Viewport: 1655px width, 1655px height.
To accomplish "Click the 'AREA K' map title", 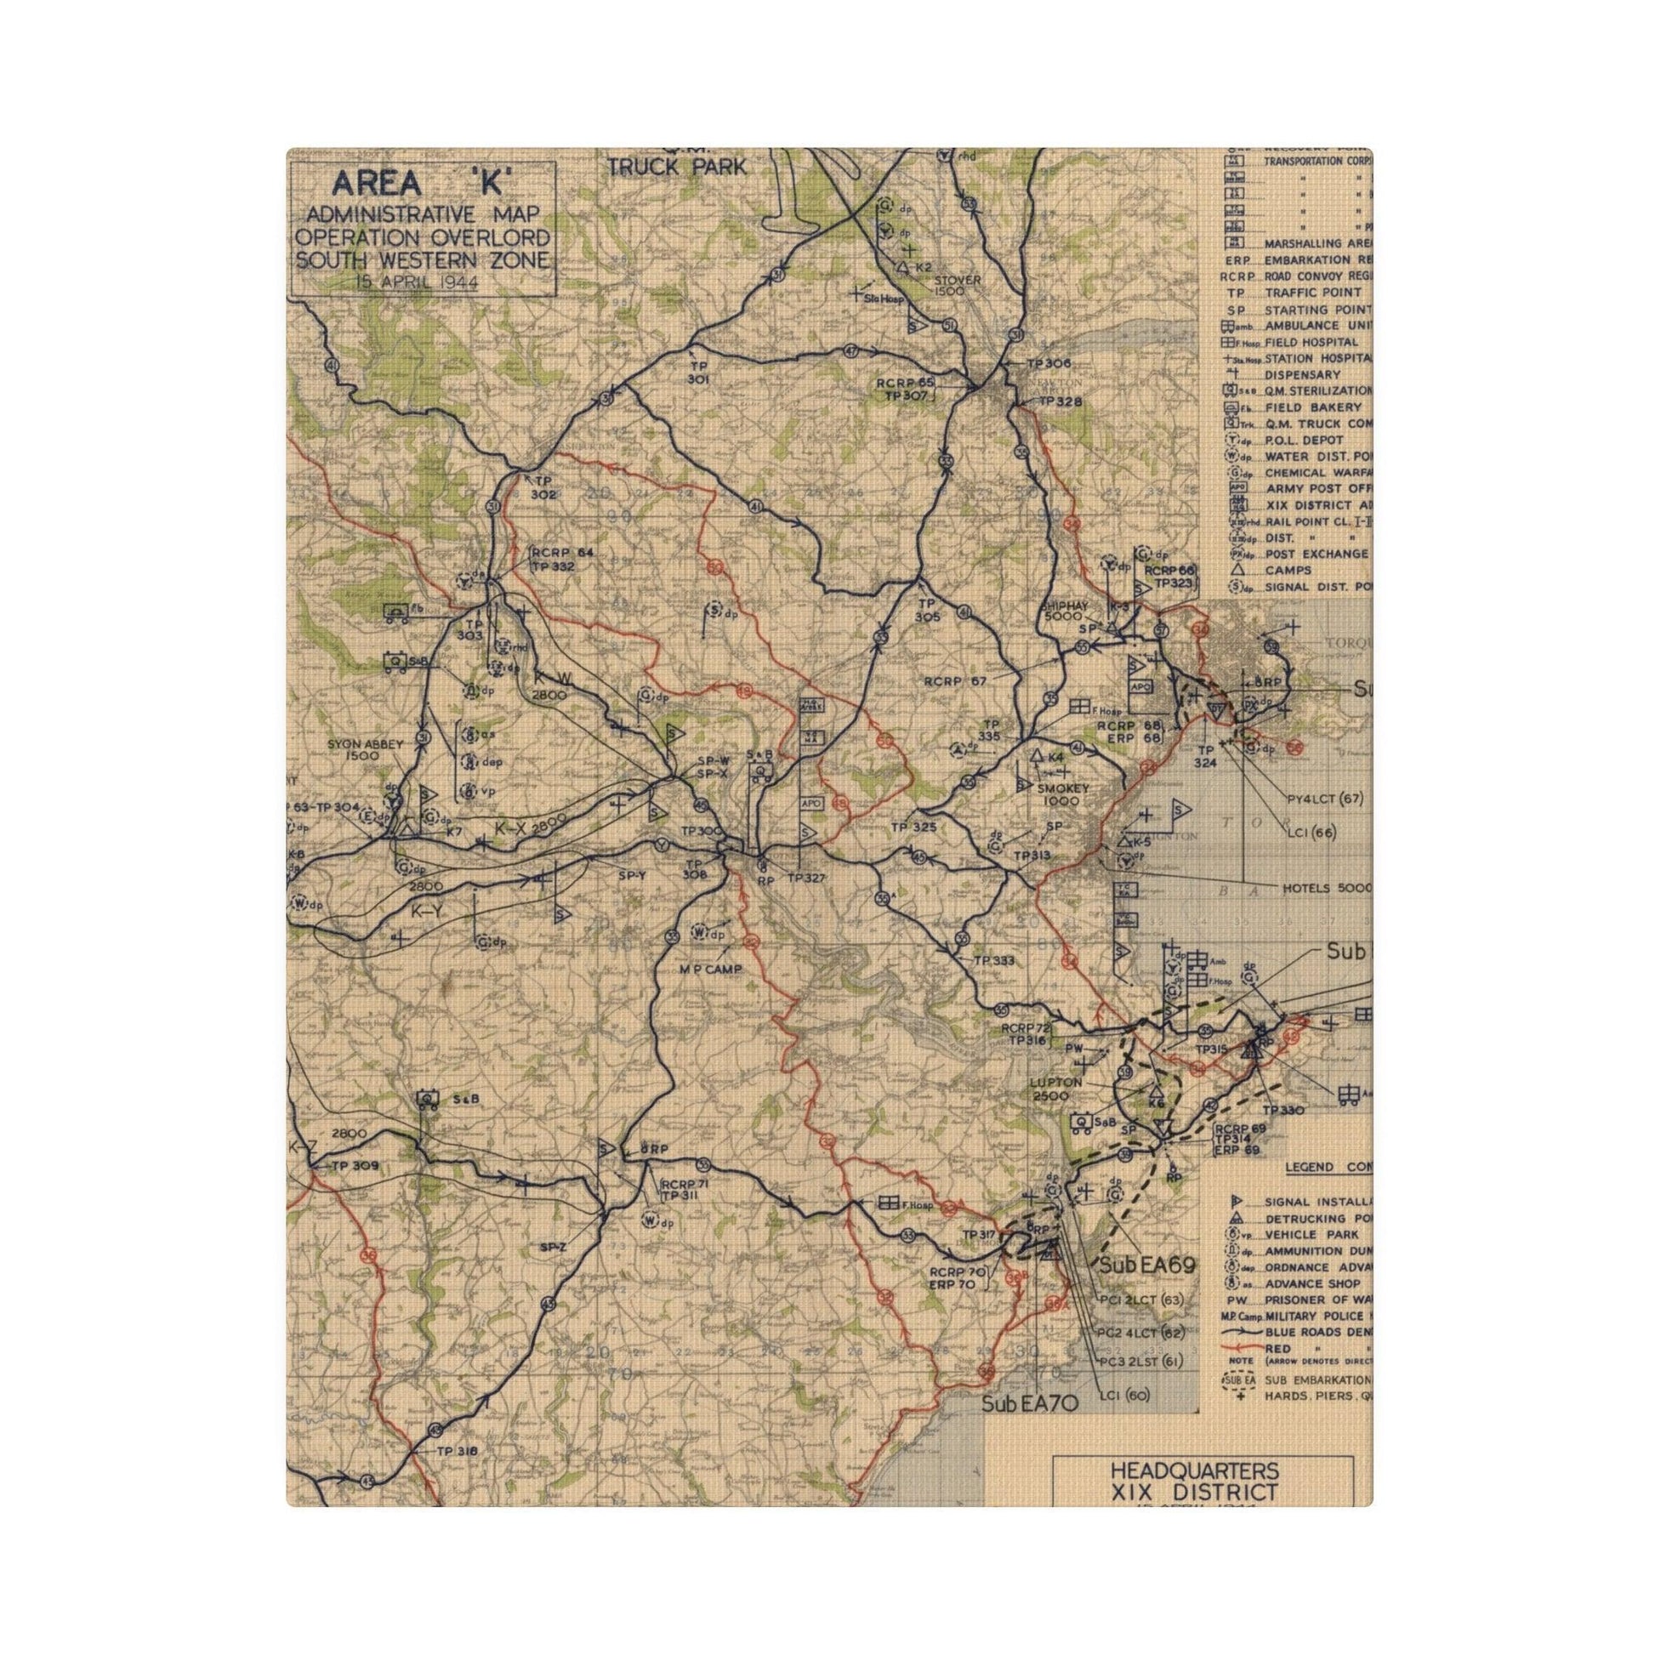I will tap(423, 184).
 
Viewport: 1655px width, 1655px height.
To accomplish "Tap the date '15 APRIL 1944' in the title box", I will tap(418, 282).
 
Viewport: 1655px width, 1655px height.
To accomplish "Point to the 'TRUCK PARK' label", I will tap(677, 167).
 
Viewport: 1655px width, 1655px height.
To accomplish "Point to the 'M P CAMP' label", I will tap(710, 969).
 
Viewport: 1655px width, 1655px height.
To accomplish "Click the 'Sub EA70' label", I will tap(1029, 1403).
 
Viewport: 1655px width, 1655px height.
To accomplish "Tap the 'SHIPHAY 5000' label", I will tap(1064, 611).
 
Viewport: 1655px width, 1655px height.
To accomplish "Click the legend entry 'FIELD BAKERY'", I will tap(1315, 407).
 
